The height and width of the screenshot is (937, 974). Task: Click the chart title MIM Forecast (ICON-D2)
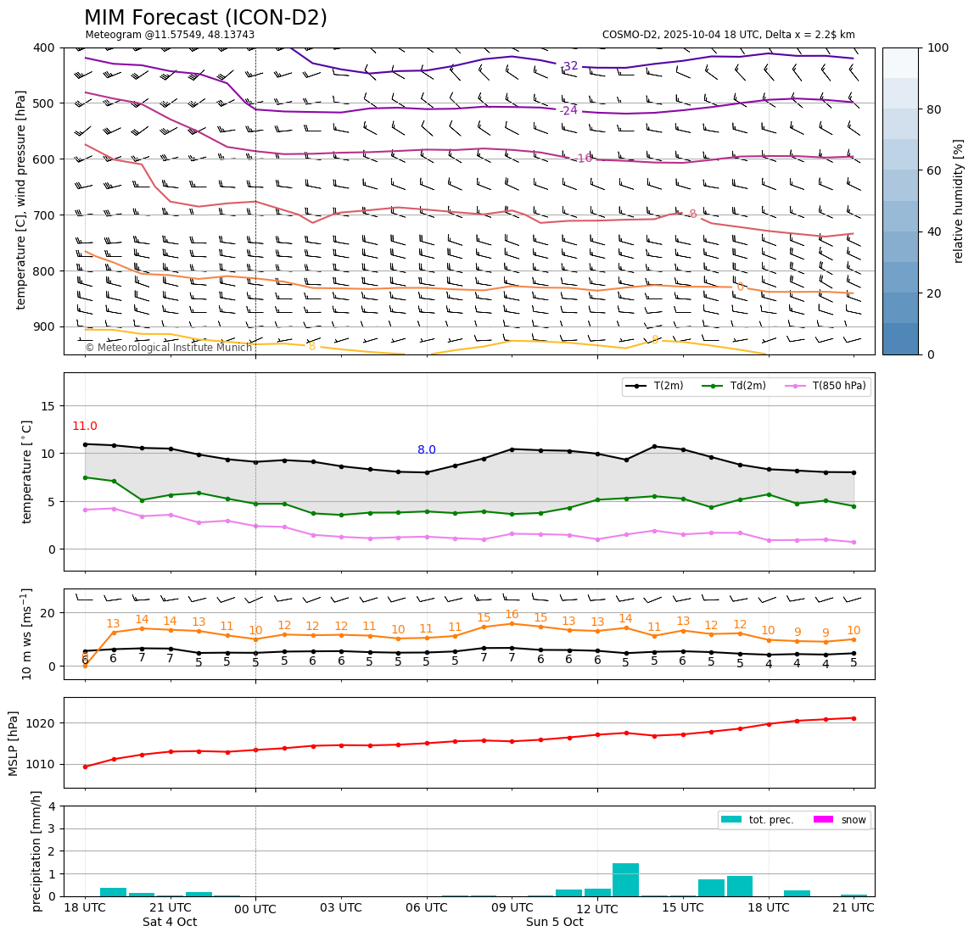pos(205,18)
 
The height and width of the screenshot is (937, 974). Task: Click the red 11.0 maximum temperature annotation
pos(84,427)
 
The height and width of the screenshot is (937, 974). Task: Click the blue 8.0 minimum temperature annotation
pos(426,450)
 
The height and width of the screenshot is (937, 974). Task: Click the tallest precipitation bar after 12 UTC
pos(625,879)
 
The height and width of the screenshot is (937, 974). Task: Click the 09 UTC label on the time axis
pos(512,908)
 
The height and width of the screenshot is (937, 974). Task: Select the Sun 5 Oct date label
pos(554,923)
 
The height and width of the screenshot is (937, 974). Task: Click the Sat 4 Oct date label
pos(170,923)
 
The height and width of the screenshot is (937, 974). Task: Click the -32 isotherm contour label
pos(569,66)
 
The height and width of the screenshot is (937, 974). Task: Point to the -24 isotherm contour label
pos(568,110)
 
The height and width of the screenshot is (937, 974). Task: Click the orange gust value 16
pos(512,615)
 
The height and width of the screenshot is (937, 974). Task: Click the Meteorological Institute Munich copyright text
pos(168,348)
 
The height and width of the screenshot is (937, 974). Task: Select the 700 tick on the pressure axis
pos(42,215)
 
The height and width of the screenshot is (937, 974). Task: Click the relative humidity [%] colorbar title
pos(959,201)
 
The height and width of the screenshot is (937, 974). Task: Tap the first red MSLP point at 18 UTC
pos(85,767)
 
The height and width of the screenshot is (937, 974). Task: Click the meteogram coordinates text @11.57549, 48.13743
pos(170,35)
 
